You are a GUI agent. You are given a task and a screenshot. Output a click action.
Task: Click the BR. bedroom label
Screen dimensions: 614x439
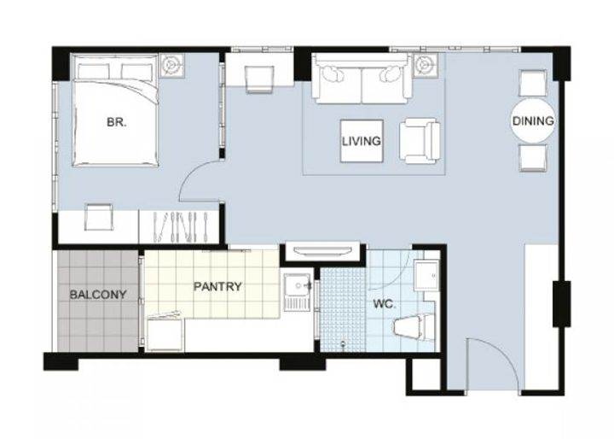pyautogui.click(x=117, y=122)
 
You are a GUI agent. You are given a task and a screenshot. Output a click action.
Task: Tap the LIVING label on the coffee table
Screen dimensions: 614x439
pyautogui.click(x=362, y=141)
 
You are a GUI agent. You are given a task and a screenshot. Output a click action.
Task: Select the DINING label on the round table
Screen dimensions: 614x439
pyautogui.click(x=533, y=120)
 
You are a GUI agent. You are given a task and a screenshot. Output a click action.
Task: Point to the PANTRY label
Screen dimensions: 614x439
pyautogui.click(x=217, y=287)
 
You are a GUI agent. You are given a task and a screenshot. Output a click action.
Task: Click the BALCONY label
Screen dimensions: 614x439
pyautogui.click(x=98, y=295)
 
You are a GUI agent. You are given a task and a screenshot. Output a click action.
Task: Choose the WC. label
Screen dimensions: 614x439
pyautogui.click(x=384, y=304)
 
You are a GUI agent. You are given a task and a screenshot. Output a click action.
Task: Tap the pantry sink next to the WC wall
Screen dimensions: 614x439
pyautogui.click(x=298, y=291)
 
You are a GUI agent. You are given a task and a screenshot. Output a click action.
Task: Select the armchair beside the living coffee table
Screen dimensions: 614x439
pyautogui.click(x=419, y=141)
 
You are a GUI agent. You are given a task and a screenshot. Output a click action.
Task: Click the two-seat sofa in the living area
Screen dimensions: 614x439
pyautogui.click(x=362, y=79)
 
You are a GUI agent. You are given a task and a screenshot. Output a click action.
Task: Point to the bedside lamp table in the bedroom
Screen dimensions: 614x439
pyautogui.click(x=171, y=64)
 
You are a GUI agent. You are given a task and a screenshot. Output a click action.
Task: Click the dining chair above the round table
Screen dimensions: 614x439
pyautogui.click(x=532, y=83)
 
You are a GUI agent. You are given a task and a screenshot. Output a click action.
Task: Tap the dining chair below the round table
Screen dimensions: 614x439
pyautogui.click(x=532, y=158)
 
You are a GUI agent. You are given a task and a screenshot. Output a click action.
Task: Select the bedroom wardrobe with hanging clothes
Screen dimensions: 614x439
pyautogui.click(x=178, y=227)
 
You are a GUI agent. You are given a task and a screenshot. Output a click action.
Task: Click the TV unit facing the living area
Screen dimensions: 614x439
pyautogui.click(x=323, y=251)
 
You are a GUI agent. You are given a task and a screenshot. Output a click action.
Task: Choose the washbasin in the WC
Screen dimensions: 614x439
pyautogui.click(x=427, y=276)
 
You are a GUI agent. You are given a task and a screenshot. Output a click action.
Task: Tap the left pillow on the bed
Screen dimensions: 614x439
pyautogui.click(x=93, y=73)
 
